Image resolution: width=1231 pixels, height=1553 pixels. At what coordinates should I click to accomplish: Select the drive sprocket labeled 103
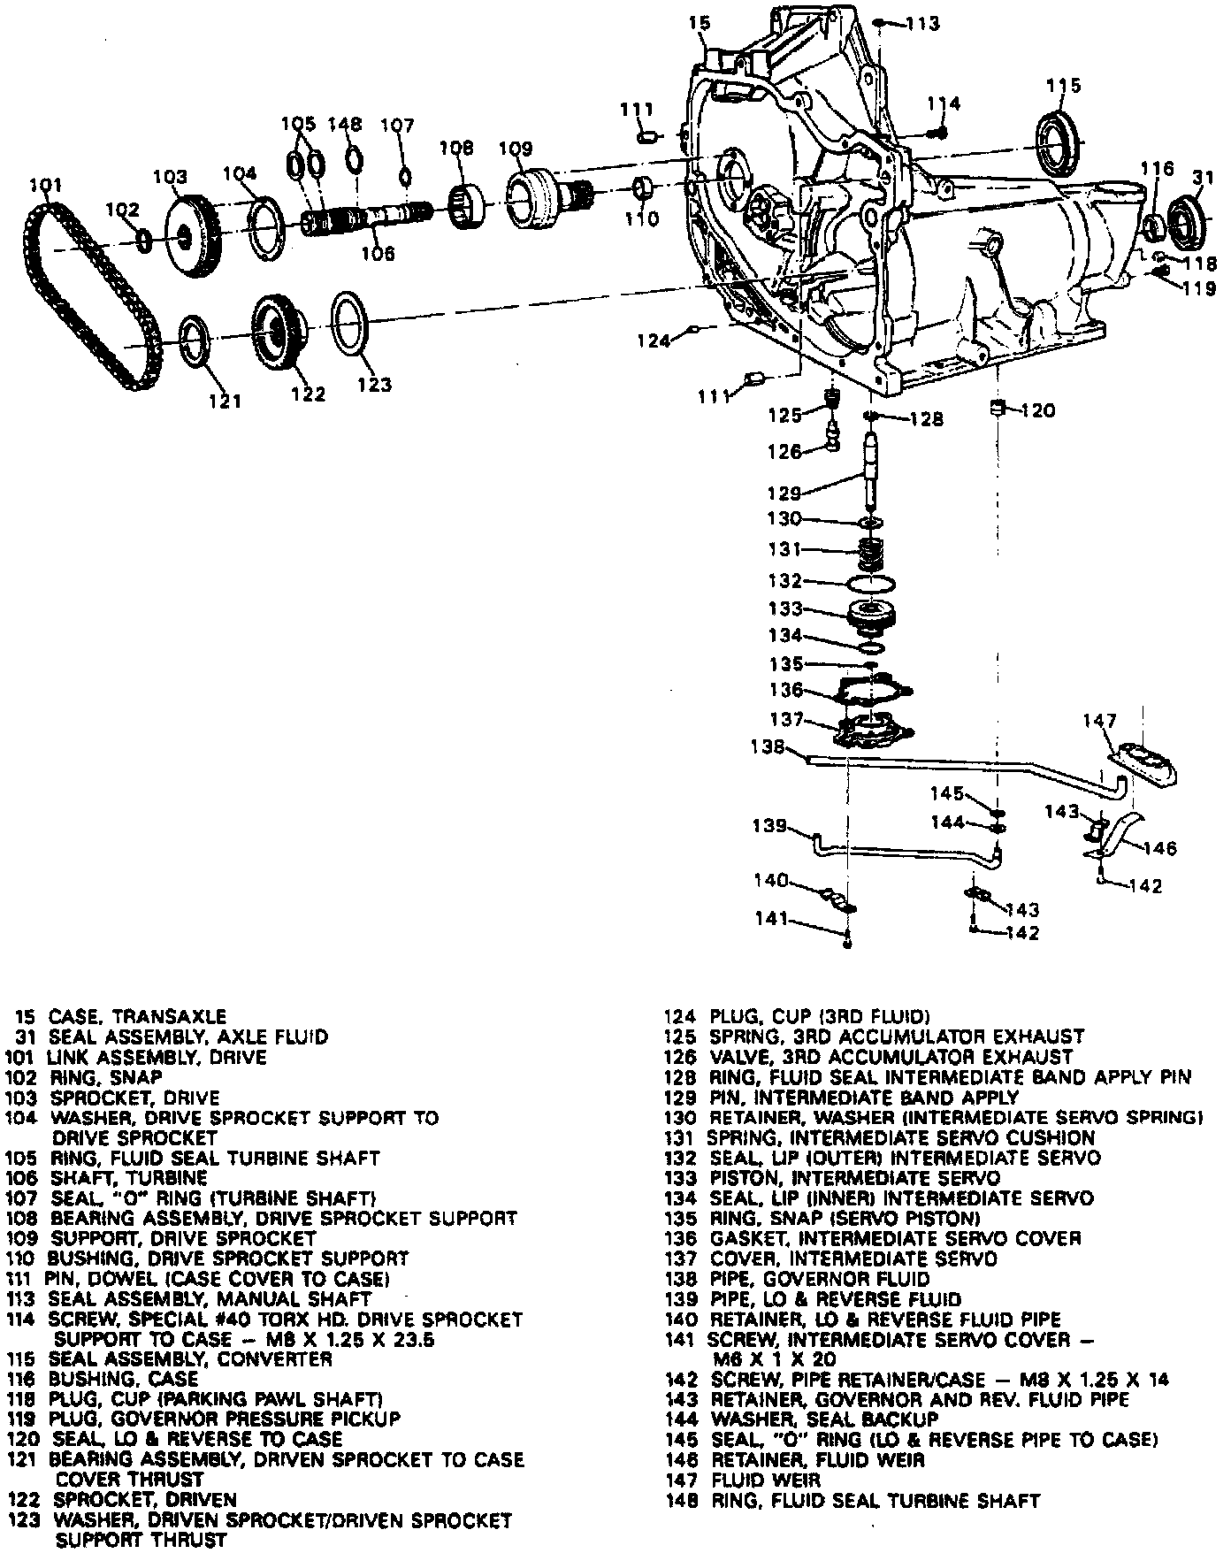[x=193, y=235]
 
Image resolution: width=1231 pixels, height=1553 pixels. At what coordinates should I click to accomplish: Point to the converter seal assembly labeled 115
[x=1059, y=141]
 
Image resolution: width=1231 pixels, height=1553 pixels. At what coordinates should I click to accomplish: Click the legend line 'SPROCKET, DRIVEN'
[x=145, y=1500]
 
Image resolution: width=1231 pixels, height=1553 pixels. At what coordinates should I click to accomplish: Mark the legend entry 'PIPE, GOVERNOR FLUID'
[x=820, y=1279]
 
